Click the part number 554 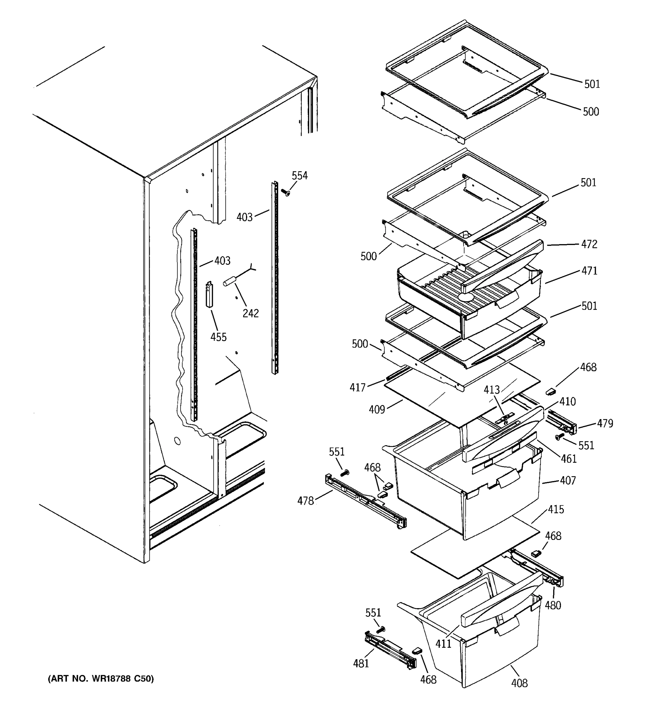[x=300, y=176]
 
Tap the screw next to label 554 [x=285, y=193]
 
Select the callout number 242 [x=250, y=313]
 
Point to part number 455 [x=218, y=337]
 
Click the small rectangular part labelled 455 [x=209, y=295]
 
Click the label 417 [x=358, y=388]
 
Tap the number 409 [x=377, y=409]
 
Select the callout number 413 [x=492, y=390]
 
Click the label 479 [x=605, y=424]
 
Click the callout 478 [x=305, y=501]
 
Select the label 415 [x=556, y=509]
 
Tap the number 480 [x=553, y=605]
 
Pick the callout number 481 [x=361, y=664]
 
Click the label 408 [x=519, y=683]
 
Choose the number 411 [x=443, y=643]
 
